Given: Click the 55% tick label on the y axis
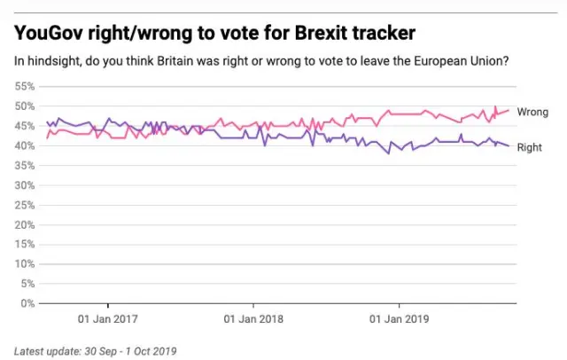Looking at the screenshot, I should point(25,87).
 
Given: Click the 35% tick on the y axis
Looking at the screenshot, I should point(25,166).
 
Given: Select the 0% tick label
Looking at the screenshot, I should point(27,303).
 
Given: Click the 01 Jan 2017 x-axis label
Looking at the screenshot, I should point(108,317).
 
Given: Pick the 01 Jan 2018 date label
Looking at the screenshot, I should point(253,317).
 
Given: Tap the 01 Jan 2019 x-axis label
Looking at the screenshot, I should point(398,317).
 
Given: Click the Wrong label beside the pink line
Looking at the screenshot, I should point(532,112).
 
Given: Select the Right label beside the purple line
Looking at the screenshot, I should point(529,147).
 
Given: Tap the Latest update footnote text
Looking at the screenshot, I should point(95,350).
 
